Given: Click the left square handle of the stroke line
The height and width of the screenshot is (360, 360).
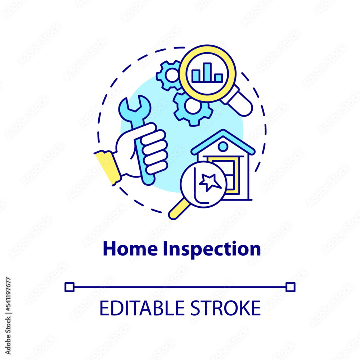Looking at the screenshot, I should (69, 287).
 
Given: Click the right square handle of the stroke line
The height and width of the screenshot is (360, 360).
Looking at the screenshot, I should (290, 287).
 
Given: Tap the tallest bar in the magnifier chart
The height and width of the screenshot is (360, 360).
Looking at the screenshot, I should (207, 72).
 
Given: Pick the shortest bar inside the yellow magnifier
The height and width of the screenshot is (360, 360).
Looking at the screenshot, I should (219, 78).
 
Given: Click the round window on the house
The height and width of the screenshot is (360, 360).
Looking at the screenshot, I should (223, 147).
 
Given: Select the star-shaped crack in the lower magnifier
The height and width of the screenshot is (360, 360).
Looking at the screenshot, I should (210, 182).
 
